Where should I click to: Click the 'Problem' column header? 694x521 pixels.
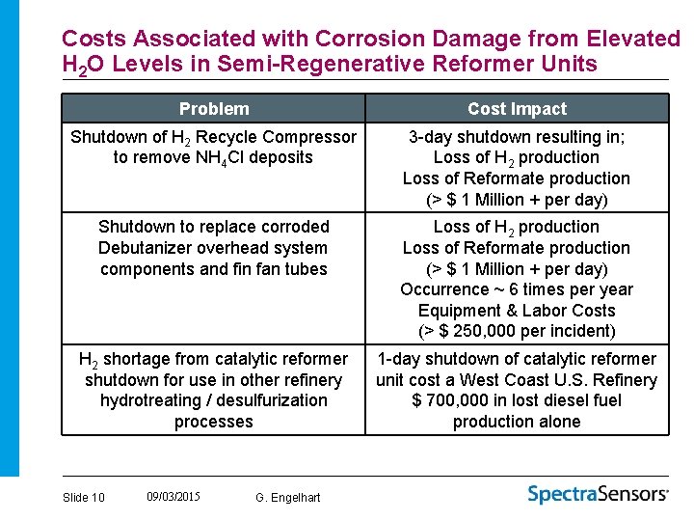[213, 109]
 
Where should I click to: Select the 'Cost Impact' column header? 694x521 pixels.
[517, 109]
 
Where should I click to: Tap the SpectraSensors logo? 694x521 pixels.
[598, 494]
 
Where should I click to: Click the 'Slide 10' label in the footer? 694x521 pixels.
[83, 498]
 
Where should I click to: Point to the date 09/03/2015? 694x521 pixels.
[173, 497]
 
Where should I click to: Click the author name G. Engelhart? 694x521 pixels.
[288, 498]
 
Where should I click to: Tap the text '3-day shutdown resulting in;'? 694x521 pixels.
[517, 137]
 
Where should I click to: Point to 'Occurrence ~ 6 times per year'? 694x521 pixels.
[517, 289]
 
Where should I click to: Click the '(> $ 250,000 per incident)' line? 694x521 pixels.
[517, 331]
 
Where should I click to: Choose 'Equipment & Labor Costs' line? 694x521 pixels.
[517, 311]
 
